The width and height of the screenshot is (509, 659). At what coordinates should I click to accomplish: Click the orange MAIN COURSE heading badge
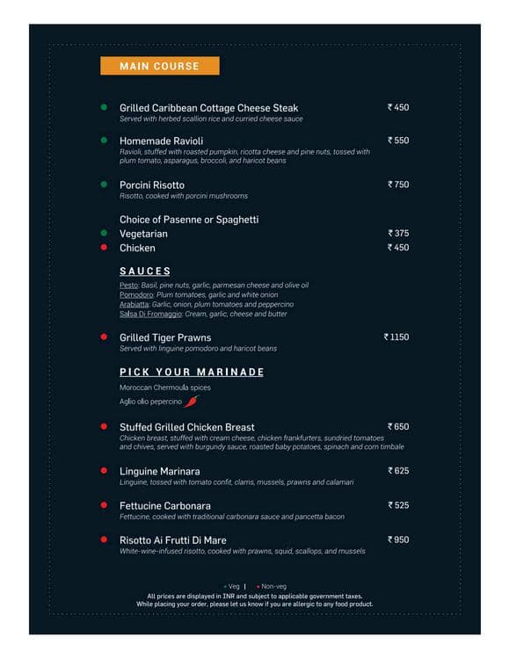click(159, 66)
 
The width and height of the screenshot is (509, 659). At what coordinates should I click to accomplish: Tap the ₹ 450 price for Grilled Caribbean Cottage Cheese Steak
click(398, 107)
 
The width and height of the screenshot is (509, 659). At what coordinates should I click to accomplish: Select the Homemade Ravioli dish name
click(161, 141)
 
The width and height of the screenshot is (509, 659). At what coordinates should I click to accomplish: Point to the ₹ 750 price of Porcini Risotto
click(398, 185)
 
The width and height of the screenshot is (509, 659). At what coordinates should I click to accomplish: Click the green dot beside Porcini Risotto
click(103, 185)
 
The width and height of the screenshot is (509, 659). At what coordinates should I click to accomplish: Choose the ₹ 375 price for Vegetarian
click(398, 234)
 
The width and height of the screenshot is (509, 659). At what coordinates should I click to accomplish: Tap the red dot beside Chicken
click(103, 248)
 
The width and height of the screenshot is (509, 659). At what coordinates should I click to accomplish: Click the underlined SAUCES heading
click(145, 272)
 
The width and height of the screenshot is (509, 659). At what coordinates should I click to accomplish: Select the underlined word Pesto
click(128, 286)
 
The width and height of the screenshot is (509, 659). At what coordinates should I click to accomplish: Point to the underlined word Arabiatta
click(135, 304)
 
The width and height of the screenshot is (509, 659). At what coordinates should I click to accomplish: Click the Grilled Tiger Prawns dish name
click(165, 337)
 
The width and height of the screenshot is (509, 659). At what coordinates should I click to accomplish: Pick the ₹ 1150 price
click(396, 337)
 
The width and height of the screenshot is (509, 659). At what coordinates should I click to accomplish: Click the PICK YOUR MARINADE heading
click(192, 372)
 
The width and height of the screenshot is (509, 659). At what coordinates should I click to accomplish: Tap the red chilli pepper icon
click(192, 402)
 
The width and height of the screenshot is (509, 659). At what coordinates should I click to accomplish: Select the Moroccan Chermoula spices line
click(165, 387)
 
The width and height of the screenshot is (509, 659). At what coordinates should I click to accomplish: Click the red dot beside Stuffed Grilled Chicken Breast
click(103, 427)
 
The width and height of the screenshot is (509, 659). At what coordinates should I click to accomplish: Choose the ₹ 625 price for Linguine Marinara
click(398, 471)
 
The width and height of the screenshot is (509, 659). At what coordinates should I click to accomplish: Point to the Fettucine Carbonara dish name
click(165, 506)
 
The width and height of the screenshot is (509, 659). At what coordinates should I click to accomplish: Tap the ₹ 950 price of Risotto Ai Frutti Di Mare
click(398, 540)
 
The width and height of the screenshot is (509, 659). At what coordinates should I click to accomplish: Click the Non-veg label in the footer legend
click(273, 586)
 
